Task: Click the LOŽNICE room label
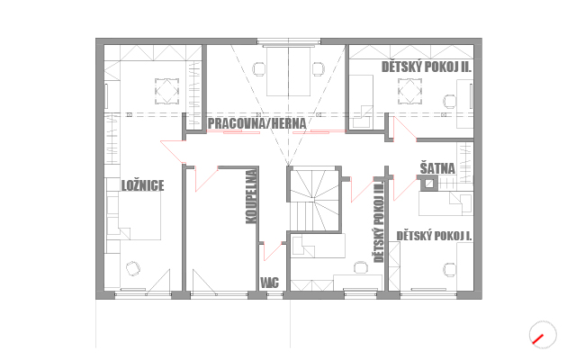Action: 142,185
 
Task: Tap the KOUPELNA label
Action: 251,196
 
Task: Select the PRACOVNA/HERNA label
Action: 256,124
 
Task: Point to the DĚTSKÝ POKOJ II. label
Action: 427,67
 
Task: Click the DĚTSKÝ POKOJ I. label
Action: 434,236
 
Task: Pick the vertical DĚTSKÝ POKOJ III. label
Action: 379,221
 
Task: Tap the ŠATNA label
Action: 437,168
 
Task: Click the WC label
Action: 270,283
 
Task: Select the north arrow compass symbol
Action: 543,335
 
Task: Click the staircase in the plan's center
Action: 314,200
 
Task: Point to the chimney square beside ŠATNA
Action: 428,184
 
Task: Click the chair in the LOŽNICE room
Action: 132,268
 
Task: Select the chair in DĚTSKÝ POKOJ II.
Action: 450,102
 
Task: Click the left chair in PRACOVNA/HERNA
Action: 259,69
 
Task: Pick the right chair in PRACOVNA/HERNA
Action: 318,69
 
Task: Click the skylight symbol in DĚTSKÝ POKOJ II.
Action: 409,90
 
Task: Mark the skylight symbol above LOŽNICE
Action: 166,91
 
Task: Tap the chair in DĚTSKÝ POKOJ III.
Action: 361,267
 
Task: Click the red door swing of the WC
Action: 273,252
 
